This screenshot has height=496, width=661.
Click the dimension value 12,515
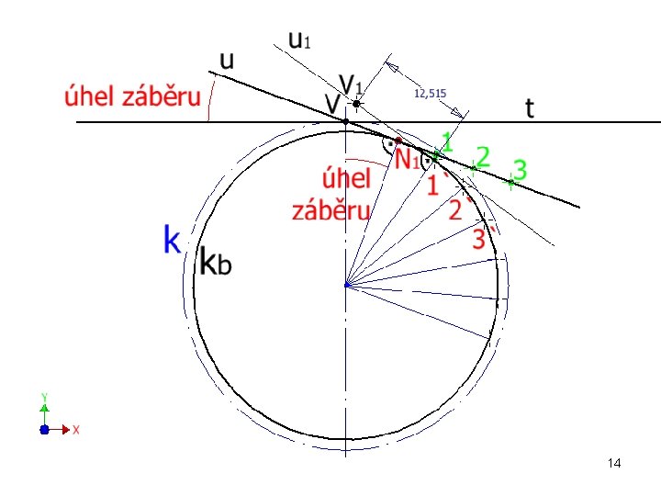click(x=430, y=93)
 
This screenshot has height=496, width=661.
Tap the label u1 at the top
click(x=299, y=40)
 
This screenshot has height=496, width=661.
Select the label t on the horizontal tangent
click(x=530, y=108)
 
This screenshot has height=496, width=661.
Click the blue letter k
click(x=172, y=239)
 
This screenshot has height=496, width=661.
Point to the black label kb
click(x=215, y=261)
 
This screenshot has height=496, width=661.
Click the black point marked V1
click(x=356, y=103)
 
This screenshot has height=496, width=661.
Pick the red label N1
click(x=407, y=159)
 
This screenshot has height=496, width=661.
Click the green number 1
click(x=447, y=142)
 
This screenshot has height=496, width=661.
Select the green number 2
click(x=483, y=156)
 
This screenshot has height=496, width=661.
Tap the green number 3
click(x=521, y=171)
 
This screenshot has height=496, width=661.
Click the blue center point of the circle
click(x=347, y=285)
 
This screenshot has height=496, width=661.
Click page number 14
click(x=614, y=463)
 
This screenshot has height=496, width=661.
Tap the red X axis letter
click(x=76, y=430)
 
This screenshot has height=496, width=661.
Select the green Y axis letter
click(x=44, y=397)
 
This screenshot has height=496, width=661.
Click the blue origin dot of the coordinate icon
click(x=44, y=429)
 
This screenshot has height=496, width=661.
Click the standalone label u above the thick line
click(x=227, y=62)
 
